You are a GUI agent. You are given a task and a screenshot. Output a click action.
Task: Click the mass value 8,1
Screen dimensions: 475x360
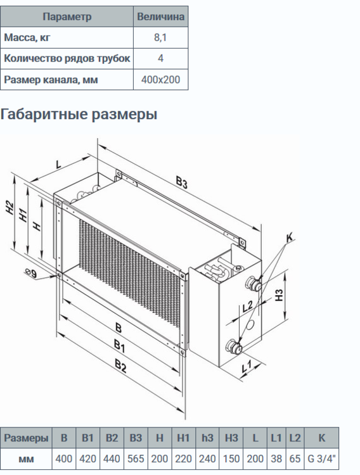(x=161, y=38)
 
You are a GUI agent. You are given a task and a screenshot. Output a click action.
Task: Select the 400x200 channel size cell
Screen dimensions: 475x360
(x=161, y=80)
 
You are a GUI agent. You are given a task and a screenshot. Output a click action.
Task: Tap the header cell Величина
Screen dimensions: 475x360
(x=161, y=16)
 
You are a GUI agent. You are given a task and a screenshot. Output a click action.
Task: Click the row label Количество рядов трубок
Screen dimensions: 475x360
(x=67, y=59)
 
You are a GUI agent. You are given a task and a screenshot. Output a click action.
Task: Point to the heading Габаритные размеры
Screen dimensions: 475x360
(x=79, y=115)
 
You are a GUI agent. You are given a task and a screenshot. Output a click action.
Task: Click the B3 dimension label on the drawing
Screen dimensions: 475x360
(x=182, y=184)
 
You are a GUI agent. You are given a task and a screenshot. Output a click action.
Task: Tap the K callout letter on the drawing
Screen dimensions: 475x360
(x=290, y=239)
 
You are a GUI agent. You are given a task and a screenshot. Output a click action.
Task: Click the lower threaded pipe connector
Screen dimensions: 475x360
(x=234, y=346)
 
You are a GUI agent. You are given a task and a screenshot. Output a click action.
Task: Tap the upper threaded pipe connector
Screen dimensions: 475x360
(x=255, y=281)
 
